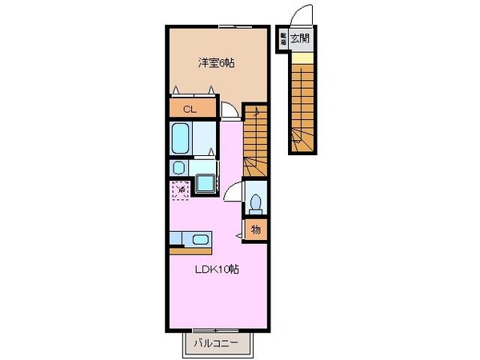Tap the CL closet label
click(190, 108)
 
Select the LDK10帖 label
click(217, 269)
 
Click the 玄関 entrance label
click(300, 37)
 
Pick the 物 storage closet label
click(256, 230)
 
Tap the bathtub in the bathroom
click(182, 140)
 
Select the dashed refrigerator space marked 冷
click(180, 190)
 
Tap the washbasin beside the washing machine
click(178, 168)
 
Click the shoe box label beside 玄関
click(282, 38)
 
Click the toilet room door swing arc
click(234, 190)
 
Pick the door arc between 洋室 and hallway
click(230, 112)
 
